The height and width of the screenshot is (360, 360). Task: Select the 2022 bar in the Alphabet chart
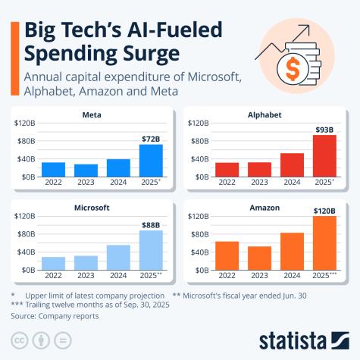pos(227,169)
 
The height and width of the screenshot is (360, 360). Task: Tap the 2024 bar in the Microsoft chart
pos(118,257)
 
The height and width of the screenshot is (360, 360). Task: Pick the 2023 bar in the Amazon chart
pos(259,258)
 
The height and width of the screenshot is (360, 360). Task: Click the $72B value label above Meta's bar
pos(151,138)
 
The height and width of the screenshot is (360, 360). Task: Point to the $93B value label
pos(324,129)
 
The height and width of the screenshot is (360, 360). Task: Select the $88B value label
pos(151,224)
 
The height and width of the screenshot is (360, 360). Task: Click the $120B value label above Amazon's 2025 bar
pos(324,210)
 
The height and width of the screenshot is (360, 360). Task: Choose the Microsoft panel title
pos(93,207)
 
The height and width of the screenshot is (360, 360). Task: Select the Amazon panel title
pos(268,207)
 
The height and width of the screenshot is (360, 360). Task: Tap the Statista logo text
pos(303,339)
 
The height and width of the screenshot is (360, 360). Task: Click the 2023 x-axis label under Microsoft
pos(86,275)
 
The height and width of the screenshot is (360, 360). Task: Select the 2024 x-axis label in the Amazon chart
pos(292,275)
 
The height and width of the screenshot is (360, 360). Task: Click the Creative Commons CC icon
pos(19,338)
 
